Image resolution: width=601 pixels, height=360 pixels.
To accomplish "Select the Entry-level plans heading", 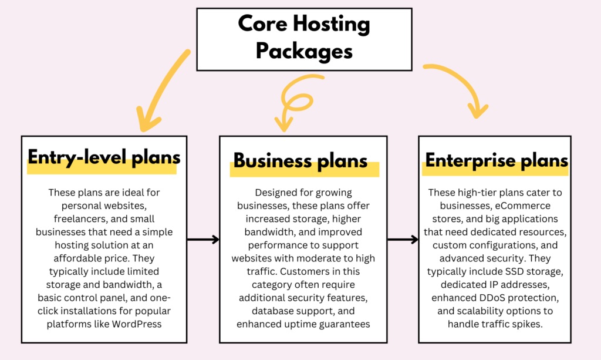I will pyautogui.click(x=104, y=159).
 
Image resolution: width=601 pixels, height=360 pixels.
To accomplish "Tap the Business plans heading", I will pyautogui.click(x=300, y=160).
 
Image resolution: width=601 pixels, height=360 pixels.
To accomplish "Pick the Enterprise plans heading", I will pyautogui.click(x=497, y=160).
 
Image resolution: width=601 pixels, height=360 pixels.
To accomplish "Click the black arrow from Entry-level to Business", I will pyautogui.click(x=203, y=240).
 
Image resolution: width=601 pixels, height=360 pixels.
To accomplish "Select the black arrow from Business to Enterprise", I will pyautogui.click(x=403, y=240).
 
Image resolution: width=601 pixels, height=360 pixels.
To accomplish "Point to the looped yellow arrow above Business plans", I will pyautogui.click(x=294, y=100).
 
